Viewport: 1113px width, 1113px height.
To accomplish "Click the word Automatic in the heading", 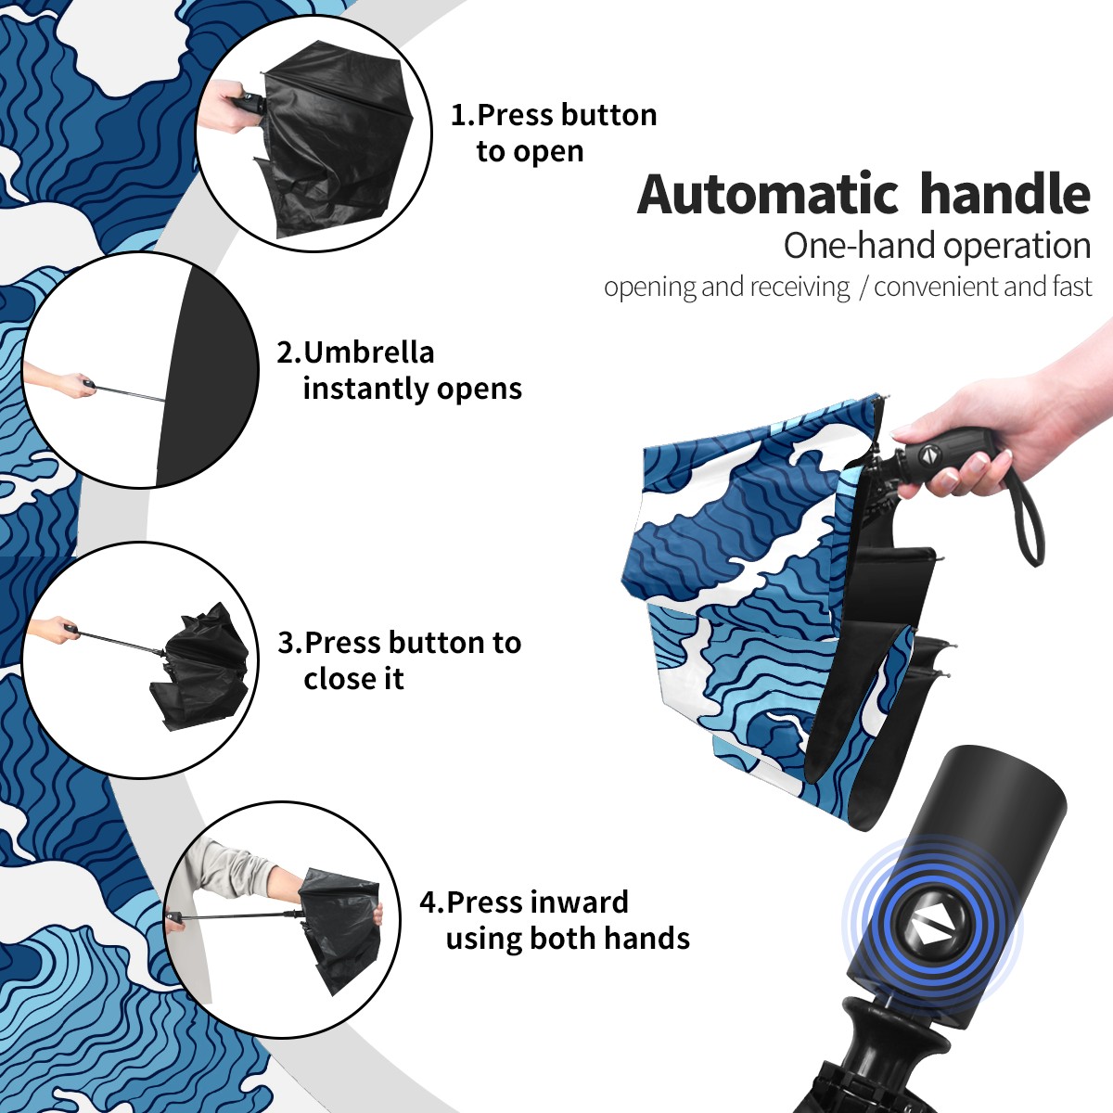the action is coord(768,194).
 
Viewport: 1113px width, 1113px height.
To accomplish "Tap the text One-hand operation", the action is coord(937,247).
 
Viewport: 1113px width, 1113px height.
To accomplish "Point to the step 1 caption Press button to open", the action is coord(554,133).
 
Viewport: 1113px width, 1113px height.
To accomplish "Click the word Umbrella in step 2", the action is coord(368,352).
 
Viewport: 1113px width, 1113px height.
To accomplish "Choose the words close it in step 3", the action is coord(353,678).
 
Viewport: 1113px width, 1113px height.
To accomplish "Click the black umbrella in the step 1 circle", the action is coord(334,138).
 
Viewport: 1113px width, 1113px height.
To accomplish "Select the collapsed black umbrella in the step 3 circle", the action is coord(201,666).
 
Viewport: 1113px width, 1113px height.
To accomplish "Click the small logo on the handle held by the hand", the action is coord(927,454).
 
